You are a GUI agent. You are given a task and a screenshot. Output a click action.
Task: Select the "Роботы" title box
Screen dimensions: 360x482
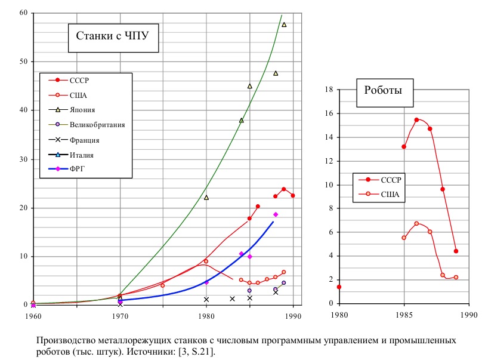coord(383,91)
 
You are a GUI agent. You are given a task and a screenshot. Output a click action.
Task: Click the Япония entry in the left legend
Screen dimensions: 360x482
coord(82,110)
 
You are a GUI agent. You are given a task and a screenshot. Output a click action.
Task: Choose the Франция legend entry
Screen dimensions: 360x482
coord(84,140)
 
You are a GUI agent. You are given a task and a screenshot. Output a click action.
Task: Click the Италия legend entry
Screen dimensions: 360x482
coord(82,155)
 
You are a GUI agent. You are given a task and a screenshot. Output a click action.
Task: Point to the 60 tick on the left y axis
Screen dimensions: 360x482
coord(23,13)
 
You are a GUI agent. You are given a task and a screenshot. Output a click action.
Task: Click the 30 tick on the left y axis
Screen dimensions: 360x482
coord(23,159)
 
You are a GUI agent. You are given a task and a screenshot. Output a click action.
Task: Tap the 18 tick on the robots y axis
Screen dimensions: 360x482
coord(327,90)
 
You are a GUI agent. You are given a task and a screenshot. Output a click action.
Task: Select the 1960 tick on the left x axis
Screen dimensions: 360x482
coord(33,317)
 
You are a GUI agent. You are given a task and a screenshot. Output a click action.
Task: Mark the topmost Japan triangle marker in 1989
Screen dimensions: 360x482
coord(284,24)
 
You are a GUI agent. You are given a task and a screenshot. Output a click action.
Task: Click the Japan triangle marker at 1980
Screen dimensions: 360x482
coord(206,197)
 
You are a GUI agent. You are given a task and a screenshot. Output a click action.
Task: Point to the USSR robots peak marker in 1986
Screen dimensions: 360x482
coord(416,120)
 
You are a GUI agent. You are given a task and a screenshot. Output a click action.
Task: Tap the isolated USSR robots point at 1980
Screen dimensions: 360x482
coord(339,287)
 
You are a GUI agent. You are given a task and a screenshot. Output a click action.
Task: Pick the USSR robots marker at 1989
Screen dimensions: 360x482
coord(456,251)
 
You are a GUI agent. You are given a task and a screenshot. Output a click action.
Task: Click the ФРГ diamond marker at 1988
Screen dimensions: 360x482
coord(276,214)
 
